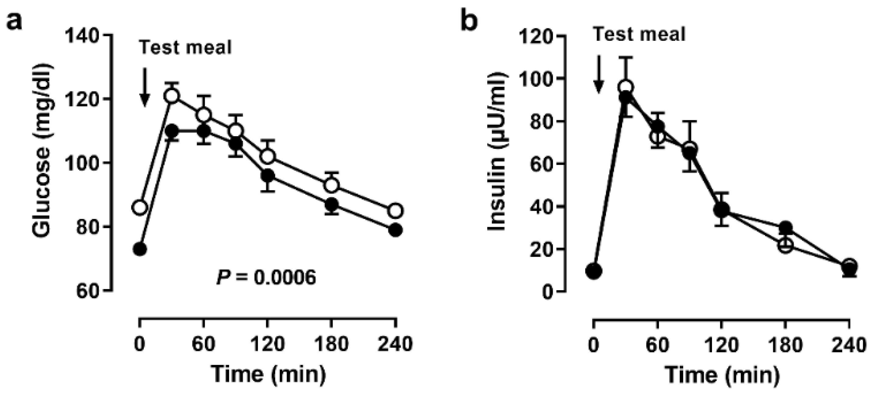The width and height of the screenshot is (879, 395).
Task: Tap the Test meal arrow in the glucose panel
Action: pos(145,87)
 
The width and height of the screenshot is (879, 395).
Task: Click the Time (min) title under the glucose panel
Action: pos(268,374)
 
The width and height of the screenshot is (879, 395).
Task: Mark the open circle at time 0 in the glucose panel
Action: pos(140,207)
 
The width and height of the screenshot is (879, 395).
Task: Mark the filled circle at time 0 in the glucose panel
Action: pos(140,249)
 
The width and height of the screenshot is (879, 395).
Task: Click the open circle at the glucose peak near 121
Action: pos(172,96)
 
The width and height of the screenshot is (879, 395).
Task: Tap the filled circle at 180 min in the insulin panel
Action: pos(785,227)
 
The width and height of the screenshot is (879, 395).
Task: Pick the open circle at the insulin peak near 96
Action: pos(626,88)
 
